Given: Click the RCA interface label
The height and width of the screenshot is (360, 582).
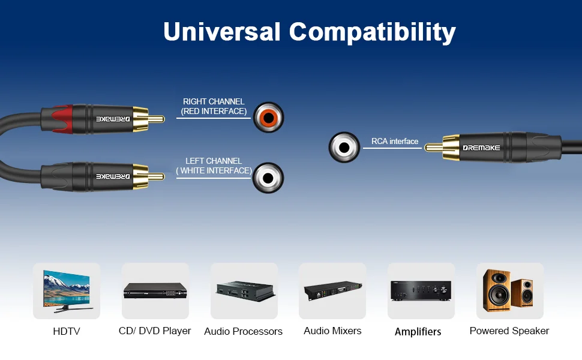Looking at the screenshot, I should coord(395,142).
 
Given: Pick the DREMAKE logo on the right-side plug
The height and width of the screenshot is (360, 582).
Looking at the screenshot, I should coord(481,147).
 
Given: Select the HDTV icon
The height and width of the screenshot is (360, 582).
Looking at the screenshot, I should coord(67,290).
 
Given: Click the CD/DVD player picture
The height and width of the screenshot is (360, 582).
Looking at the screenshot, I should coord(155,291).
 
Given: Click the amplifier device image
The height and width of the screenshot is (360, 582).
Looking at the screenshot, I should coord(421,291).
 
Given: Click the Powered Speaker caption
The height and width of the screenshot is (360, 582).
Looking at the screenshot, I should coord(509,331).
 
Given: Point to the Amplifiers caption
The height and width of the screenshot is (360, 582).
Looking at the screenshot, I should coord(418,332).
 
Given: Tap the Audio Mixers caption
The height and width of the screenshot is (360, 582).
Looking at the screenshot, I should coord(332,331).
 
